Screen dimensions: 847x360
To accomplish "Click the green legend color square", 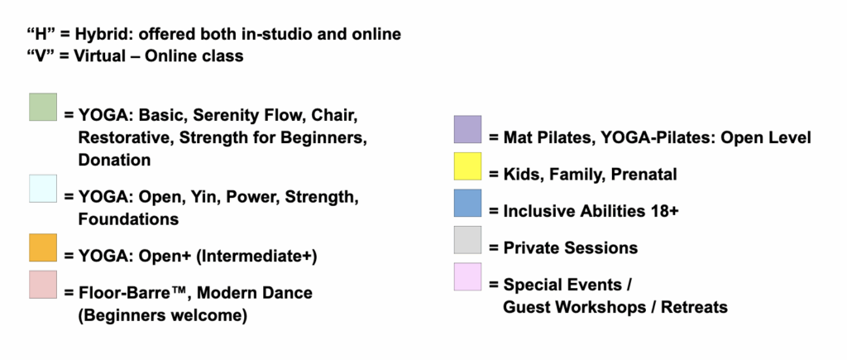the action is coord(43,107).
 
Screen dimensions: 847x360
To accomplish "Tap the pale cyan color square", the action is coord(43,189).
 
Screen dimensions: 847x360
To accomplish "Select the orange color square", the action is coord(43,247).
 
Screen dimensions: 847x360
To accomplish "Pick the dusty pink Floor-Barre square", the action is coord(43,285).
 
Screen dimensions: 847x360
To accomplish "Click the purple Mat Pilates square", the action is coord(467,129).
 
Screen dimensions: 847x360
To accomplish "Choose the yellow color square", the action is coord(467,166).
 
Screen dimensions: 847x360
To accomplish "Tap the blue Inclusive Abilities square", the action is coord(467,204).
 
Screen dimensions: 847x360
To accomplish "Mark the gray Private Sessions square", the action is coord(467,240).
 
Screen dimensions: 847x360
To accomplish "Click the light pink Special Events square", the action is coord(467,276).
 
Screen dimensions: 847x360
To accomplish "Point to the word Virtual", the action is coord(99,56).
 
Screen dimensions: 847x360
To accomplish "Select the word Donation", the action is coord(114,160).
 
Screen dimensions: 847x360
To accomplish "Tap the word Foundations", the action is coord(128,219).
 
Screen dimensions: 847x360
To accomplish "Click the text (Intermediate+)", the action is coord(256,256).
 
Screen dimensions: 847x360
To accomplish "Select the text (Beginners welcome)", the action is coord(163,315).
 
